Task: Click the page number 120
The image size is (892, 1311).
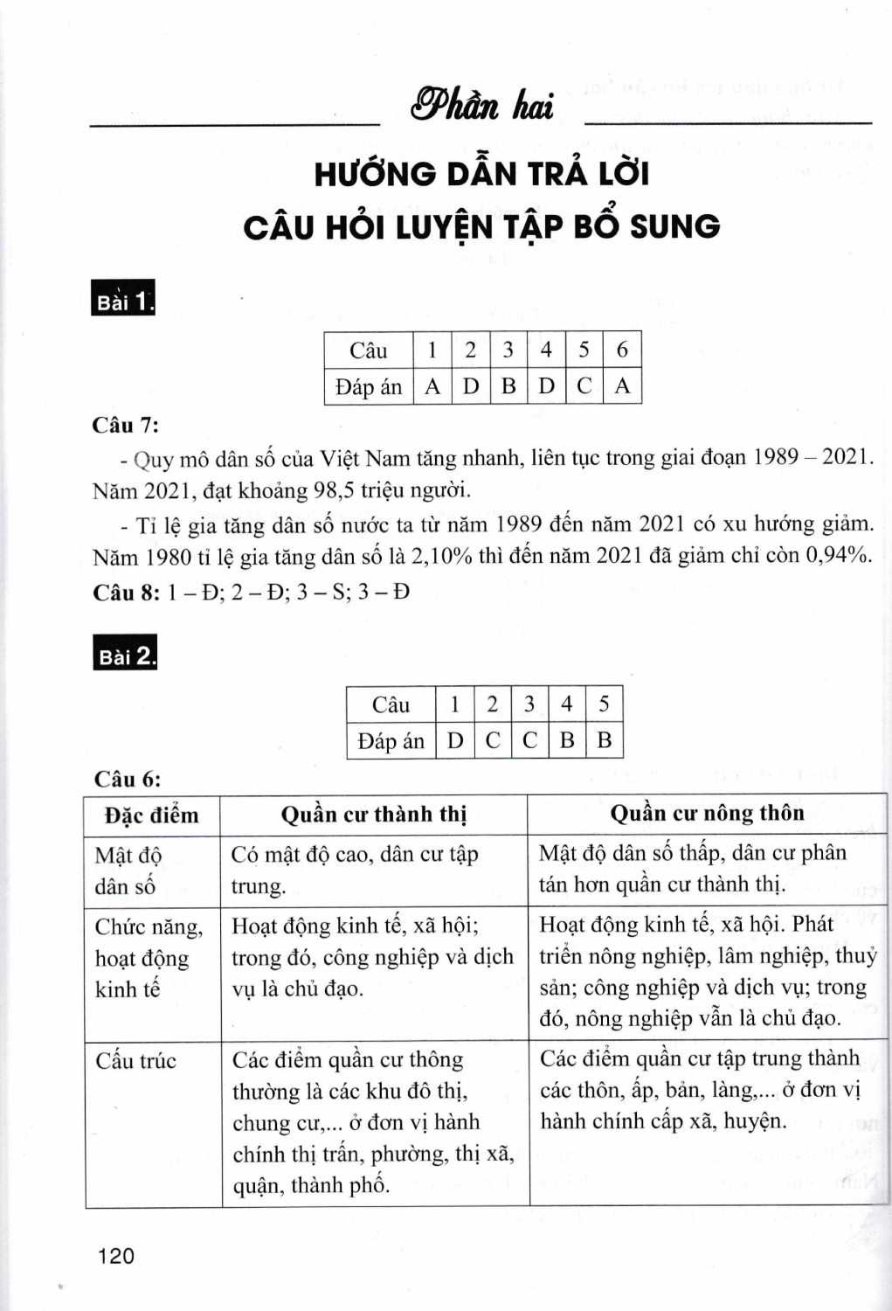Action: [117, 1256]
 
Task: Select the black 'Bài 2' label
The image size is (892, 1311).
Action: [125, 655]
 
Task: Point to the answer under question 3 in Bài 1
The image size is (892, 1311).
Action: [508, 386]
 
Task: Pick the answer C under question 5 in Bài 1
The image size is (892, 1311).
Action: [584, 386]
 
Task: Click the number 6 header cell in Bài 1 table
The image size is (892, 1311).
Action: [622, 350]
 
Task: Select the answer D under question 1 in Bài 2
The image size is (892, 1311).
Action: [454, 741]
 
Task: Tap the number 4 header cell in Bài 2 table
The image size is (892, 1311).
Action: [566, 704]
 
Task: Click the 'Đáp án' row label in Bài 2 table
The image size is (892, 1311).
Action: [391, 741]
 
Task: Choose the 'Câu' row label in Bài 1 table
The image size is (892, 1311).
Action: [368, 350]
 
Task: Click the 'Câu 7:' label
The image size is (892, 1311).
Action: [126, 426]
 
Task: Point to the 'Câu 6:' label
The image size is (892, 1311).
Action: [128, 779]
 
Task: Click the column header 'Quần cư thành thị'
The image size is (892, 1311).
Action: [374, 815]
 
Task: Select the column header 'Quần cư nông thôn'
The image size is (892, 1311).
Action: [707, 813]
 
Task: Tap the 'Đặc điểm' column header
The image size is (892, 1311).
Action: [152, 815]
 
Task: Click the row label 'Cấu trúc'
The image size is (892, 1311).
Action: [135, 1060]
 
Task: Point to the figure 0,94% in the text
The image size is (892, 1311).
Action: [837, 556]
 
